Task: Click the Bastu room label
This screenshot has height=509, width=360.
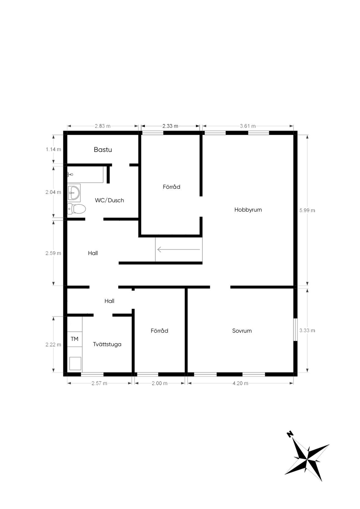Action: (103, 149)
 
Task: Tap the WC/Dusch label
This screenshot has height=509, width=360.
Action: (109, 200)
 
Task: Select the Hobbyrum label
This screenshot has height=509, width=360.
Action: (248, 210)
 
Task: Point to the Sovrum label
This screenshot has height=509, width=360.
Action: (242, 331)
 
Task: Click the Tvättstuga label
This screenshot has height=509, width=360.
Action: (107, 344)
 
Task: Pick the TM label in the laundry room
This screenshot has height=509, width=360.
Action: (75, 339)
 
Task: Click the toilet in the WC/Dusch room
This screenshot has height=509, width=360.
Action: (76, 208)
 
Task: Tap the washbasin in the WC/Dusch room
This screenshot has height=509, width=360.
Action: (74, 193)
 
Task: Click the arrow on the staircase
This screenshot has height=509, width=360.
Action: (179, 250)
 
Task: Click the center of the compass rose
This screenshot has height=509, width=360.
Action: (307, 456)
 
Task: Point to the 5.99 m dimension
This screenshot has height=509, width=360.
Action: (307, 211)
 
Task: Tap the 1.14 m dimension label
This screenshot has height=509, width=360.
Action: (53, 149)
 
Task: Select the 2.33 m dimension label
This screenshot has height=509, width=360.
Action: (171, 126)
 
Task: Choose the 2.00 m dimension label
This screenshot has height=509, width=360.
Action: (160, 384)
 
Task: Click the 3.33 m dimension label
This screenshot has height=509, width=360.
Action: (307, 330)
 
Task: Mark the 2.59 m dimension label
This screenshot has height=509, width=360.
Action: (53, 253)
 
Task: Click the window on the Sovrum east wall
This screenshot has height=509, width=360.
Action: (295, 329)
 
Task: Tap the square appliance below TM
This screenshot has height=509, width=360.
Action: (75, 363)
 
